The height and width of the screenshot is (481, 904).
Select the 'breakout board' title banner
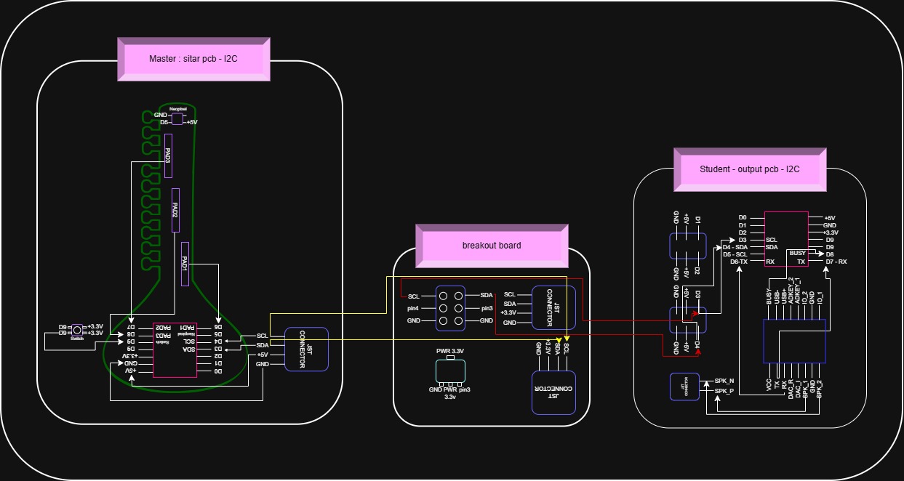click(491, 246)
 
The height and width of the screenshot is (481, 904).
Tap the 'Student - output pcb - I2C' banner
click(749, 169)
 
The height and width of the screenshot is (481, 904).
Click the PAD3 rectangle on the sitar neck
click(168, 155)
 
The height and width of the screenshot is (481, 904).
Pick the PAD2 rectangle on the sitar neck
click(175, 210)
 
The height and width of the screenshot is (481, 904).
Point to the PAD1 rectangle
click(185, 264)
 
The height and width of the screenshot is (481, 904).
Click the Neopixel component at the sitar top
click(177, 118)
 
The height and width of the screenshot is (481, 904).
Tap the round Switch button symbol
click(76, 330)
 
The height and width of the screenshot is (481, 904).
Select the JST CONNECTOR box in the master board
click(305, 349)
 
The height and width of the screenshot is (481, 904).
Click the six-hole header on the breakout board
click(450, 308)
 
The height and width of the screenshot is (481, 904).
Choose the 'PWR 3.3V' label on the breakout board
click(450, 351)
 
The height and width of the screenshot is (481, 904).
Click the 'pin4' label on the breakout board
click(413, 309)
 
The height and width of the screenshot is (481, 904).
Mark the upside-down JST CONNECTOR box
click(553, 392)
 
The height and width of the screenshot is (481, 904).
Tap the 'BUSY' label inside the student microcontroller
click(798, 253)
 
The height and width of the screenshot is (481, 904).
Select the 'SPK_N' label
click(724, 381)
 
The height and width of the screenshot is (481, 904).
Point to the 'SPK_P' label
click(724, 391)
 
